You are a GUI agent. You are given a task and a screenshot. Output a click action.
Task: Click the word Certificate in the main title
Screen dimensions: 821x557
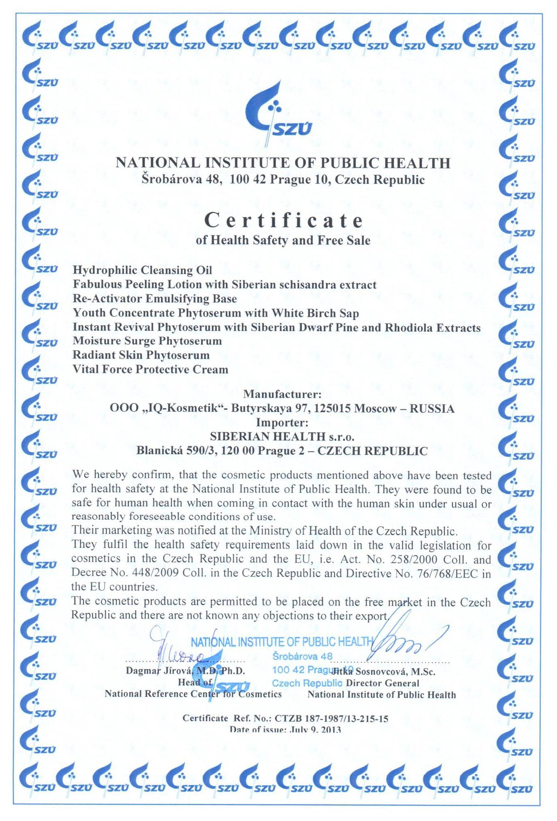[283, 221]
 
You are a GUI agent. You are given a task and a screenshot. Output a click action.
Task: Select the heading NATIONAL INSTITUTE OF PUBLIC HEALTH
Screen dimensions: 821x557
[283, 163]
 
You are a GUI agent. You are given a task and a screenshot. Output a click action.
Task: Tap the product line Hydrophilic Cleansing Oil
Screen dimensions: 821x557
[142, 270]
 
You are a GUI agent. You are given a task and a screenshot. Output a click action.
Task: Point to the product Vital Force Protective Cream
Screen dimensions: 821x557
[150, 370]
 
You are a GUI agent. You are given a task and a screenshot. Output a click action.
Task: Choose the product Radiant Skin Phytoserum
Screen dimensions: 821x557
[141, 355]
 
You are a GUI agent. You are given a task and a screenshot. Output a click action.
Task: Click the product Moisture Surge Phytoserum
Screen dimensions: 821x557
[147, 341]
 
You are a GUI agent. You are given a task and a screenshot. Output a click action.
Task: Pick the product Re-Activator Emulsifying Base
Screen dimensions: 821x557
[154, 299]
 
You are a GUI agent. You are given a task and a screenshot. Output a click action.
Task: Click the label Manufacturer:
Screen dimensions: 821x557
[282, 394]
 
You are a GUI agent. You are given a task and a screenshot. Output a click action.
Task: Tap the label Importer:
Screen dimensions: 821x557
[282, 423]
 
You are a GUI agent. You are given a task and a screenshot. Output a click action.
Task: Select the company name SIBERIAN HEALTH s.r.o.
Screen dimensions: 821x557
[282, 437]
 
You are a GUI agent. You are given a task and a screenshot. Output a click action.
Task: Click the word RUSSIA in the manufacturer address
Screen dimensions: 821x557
[432, 409]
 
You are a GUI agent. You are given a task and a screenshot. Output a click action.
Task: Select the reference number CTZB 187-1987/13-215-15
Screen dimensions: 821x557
[331, 719]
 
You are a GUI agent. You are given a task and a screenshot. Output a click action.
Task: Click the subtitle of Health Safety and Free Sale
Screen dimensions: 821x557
[283, 240]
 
